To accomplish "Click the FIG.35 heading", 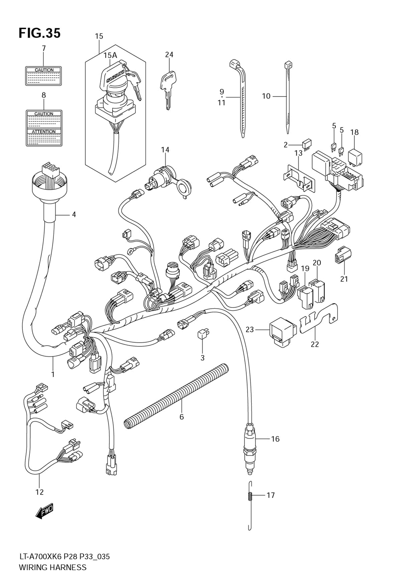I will pyautogui.click(x=39, y=33).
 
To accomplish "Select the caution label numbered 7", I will pyautogui.click(x=43, y=75).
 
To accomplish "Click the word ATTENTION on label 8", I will pyautogui.click(x=44, y=132).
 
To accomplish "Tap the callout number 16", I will pyautogui.click(x=275, y=439).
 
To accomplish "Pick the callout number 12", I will pyautogui.click(x=39, y=492).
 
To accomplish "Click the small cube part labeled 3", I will pyautogui.click(x=203, y=334).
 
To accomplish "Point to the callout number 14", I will pyautogui.click(x=165, y=149).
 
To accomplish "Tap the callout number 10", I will pyautogui.click(x=266, y=96).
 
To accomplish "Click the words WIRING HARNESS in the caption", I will pyautogui.click(x=53, y=567).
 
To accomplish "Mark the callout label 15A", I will pyautogui.click(x=110, y=55).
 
